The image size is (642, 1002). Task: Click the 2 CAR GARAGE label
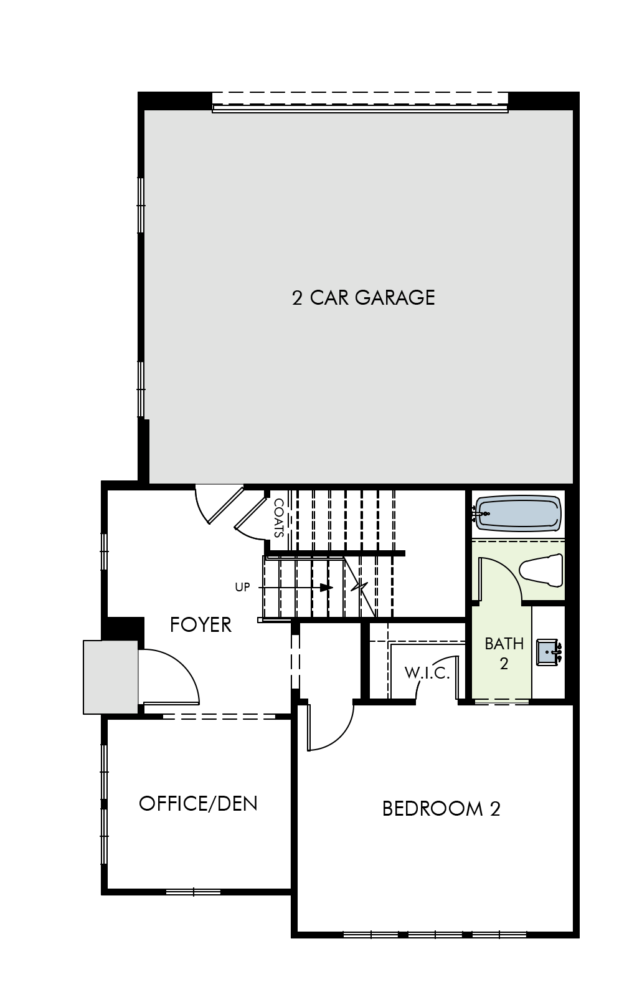(363, 297)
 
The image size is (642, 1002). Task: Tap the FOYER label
(201, 624)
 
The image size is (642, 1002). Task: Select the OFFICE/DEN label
(198, 803)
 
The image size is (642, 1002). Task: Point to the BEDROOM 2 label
(441, 808)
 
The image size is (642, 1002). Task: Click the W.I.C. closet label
(427, 673)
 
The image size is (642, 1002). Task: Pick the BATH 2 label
(504, 652)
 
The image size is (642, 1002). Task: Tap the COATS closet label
(279, 518)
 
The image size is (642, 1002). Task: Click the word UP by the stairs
(242, 587)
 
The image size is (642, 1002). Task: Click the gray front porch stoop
(111, 677)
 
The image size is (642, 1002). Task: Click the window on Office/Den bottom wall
(193, 892)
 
